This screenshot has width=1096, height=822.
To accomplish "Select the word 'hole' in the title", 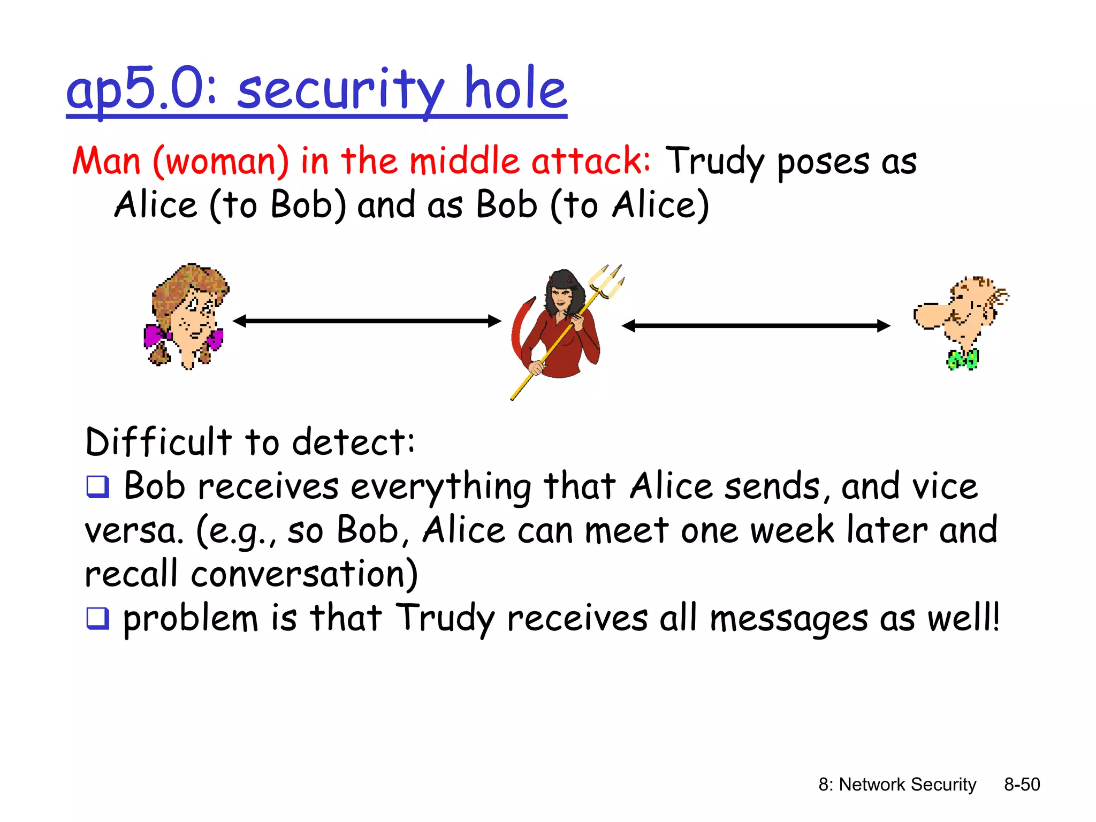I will pyautogui.click(x=515, y=88).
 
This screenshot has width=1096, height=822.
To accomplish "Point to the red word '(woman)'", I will pyautogui.click(x=220, y=161).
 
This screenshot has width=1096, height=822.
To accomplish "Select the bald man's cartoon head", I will pyautogui.click(x=961, y=310).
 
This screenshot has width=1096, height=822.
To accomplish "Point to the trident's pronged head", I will pyautogui.click(x=608, y=281).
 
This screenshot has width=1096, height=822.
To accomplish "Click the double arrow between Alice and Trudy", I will pyautogui.click(x=367, y=321).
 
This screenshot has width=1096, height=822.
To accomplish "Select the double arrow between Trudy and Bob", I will pyautogui.click(x=756, y=325).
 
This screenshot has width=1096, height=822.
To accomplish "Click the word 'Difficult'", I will pyautogui.click(x=158, y=443).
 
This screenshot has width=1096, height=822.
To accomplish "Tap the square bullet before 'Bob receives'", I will pyautogui.click(x=98, y=487).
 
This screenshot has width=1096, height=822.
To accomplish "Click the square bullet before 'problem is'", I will pyautogui.click(x=98, y=619).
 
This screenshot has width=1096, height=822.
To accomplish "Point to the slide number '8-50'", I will pyautogui.click(x=1022, y=785).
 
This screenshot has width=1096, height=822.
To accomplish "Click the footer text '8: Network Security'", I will pyautogui.click(x=897, y=785).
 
